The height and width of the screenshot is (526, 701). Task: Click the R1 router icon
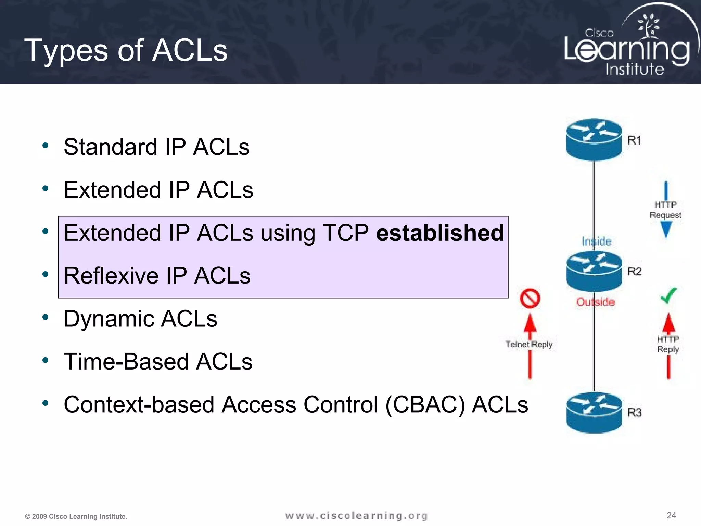tap(594, 139)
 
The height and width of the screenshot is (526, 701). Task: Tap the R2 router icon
tap(594, 271)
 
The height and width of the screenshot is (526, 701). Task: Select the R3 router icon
tap(594, 412)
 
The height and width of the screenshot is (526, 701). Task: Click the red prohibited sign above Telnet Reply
tap(530, 298)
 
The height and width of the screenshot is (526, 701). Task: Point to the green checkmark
tap(668, 295)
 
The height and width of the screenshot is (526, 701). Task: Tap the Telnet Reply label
tap(529, 344)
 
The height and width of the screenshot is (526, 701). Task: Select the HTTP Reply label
tap(668, 344)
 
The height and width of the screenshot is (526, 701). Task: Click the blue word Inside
tap(597, 241)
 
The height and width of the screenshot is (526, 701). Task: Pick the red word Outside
tap(595, 302)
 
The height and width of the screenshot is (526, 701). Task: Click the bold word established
tap(440, 233)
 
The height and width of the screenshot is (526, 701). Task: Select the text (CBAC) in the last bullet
tap(425, 405)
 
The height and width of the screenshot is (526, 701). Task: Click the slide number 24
tap(671, 515)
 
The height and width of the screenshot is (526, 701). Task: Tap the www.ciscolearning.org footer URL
tap(356, 516)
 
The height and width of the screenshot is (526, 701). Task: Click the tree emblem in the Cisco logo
tap(648, 26)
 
